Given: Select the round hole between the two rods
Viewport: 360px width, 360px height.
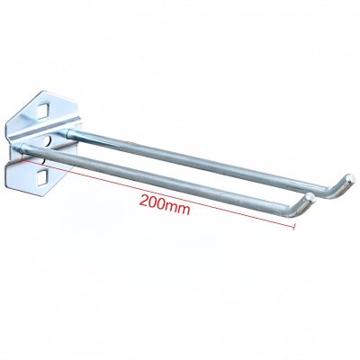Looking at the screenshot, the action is click(x=49, y=140).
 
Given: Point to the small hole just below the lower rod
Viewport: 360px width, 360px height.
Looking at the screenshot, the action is click(x=44, y=161).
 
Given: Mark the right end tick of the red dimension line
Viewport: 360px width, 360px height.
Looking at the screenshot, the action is click(x=293, y=227).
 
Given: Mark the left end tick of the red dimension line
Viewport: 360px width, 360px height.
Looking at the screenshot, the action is click(x=22, y=158).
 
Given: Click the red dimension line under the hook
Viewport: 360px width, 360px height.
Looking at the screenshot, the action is click(x=157, y=193).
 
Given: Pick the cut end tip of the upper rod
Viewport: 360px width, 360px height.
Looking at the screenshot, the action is click(x=350, y=178).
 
